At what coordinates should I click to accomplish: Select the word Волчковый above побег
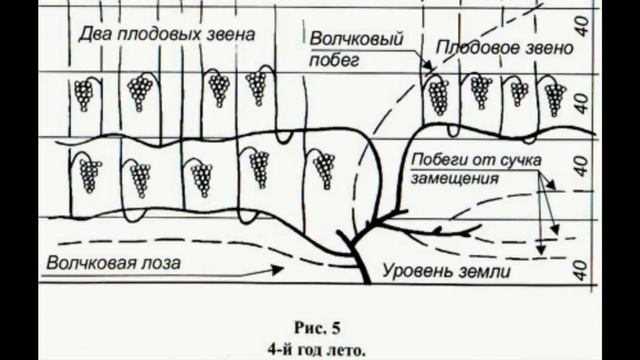pyautogui.click(x=348, y=41)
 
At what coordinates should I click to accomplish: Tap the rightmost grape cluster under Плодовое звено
pyautogui.click(x=554, y=99)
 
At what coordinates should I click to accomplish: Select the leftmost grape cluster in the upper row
pyautogui.click(x=84, y=95)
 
